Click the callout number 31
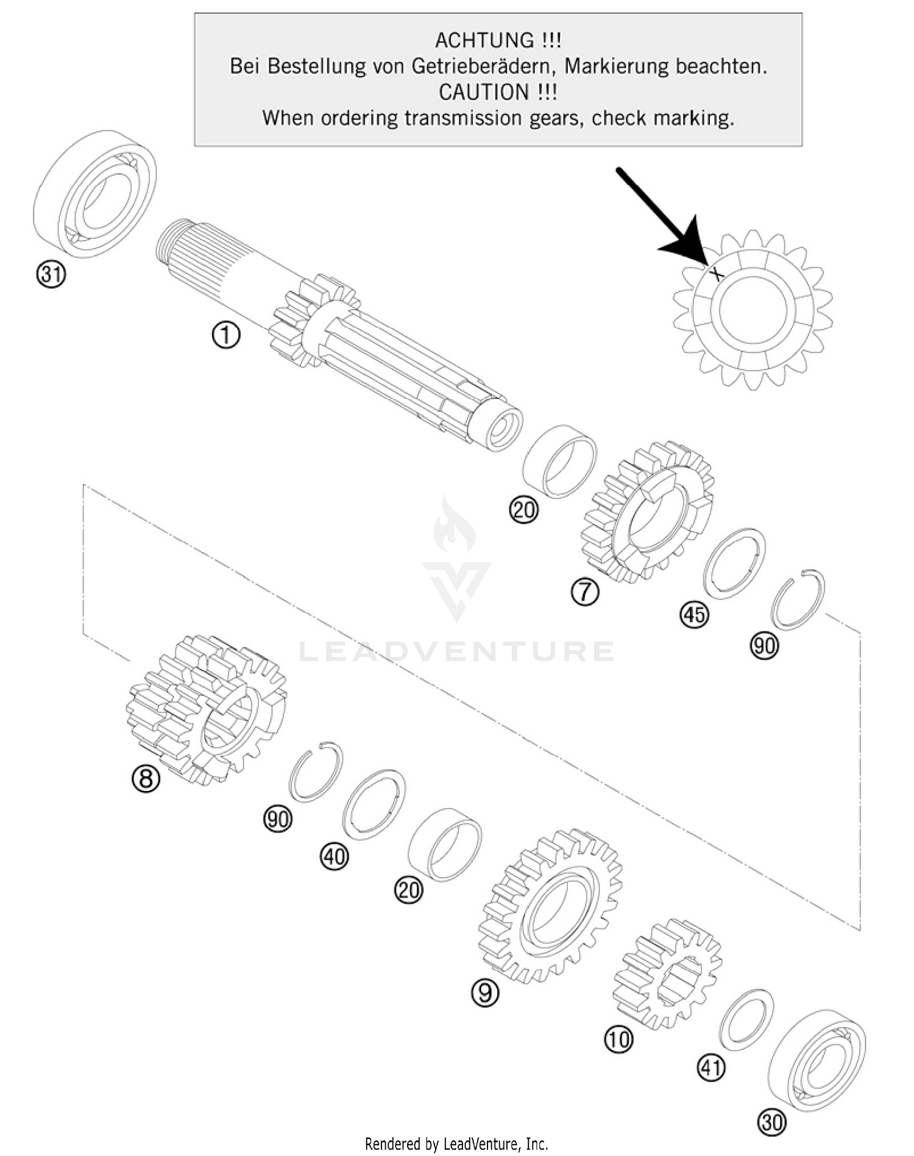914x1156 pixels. pos(51,275)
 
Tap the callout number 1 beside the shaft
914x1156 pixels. pos(225,335)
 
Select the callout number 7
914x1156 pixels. pos(585,592)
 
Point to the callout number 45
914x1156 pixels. pos(694,614)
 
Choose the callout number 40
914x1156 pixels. pos(335,857)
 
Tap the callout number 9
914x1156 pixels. pos(485,993)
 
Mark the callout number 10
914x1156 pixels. pos(618,1039)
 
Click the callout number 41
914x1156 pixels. pos(711,1068)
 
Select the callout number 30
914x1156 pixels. pos(771,1122)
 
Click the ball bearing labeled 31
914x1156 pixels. pos(94,192)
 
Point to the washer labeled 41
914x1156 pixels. pos(746,1019)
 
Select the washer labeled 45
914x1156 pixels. pos(734,564)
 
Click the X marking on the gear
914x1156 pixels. pos(717,274)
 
